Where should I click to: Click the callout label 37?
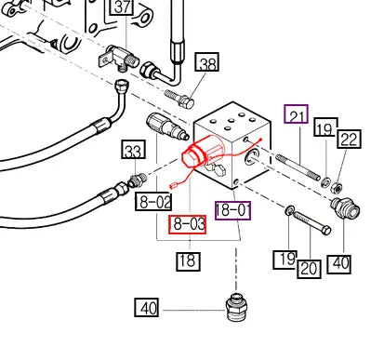pos(123,7)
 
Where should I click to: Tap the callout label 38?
pos(207,62)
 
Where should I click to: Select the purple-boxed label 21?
pos(297,114)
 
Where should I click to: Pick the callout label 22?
pos(349,139)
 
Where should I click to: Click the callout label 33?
pos(134,150)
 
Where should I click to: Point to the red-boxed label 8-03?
pos(187,224)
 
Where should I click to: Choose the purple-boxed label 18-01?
pos(233,210)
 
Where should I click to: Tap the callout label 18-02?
pos(153,201)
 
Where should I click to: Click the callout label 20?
pos(309,269)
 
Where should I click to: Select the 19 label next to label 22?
pos(325,127)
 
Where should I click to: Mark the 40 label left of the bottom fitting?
pos(147,308)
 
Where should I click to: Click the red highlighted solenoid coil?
pos(203,152)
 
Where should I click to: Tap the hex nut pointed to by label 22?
pos(337,187)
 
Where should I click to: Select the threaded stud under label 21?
pos(298,167)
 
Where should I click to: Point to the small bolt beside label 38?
pos(179,99)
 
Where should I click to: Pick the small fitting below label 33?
pos(136,180)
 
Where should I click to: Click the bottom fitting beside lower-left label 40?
pos(236,308)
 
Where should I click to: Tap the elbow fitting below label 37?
pos(119,59)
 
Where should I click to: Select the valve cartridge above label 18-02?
pos(166,127)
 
